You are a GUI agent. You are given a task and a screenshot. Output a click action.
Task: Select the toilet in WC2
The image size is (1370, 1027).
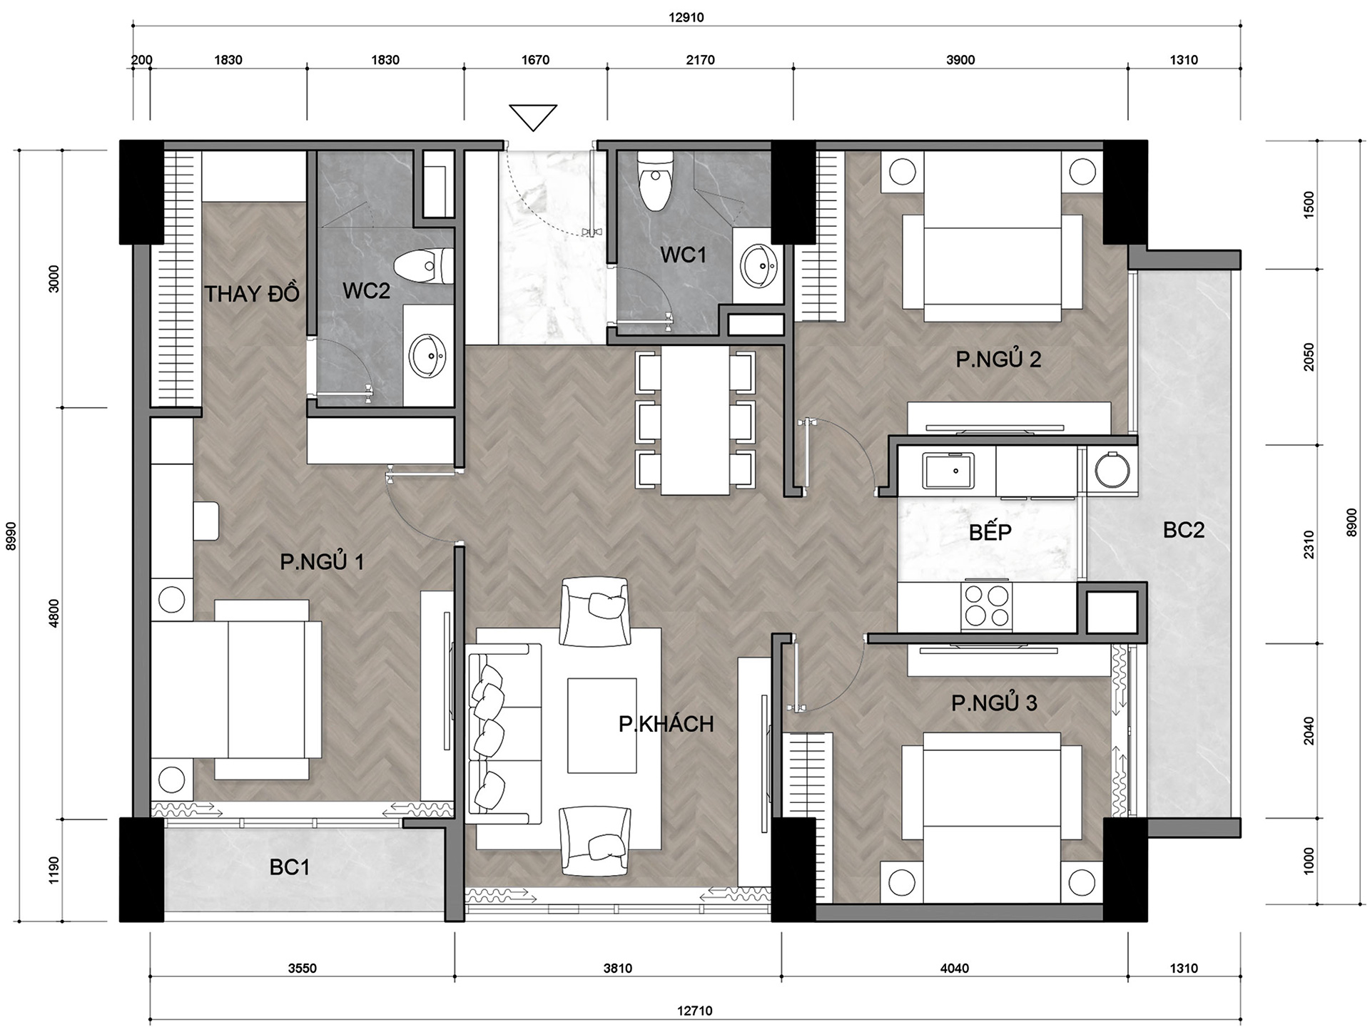point(423,266)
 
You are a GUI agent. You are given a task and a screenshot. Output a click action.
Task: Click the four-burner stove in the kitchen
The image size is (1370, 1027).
point(986,606)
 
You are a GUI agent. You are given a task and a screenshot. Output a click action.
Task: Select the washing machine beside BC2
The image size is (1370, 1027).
point(1112,470)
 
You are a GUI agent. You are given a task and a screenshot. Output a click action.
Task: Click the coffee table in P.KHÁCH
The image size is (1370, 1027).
point(602,725)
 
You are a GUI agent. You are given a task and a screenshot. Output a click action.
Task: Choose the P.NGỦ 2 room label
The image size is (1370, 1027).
point(998,359)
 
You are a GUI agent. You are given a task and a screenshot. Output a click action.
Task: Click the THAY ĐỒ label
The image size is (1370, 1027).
point(252,293)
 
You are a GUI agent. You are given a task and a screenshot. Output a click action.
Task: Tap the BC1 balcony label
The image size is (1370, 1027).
point(290,867)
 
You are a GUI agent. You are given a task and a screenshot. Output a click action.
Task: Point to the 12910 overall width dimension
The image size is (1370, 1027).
point(686,17)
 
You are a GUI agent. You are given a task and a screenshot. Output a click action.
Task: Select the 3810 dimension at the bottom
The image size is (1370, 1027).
point(618,968)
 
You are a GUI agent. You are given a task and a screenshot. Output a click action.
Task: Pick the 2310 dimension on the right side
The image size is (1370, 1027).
point(1309,545)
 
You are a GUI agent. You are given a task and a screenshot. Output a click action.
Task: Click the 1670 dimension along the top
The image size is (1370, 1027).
point(535,60)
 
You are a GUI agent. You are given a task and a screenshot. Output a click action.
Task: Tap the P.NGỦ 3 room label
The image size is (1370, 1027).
point(994,703)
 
